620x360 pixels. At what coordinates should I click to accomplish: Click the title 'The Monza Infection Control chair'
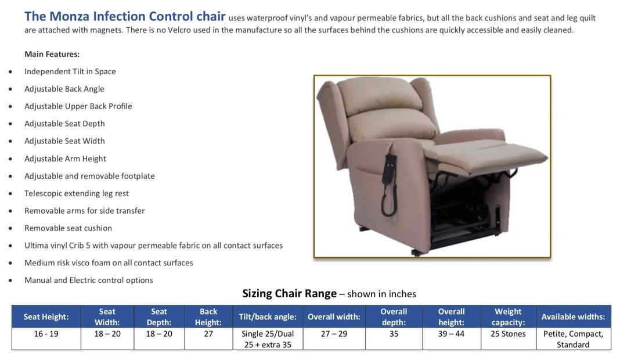[125, 16]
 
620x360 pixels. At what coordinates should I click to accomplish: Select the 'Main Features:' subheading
[52, 54]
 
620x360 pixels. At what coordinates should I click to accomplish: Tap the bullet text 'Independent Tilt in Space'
[70, 71]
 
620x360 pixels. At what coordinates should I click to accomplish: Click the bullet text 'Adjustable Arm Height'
[65, 159]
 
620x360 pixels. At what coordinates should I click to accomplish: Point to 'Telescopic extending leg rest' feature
[76, 193]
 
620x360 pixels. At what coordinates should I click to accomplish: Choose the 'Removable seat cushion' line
[68, 228]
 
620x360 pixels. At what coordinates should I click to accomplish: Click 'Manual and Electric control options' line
[88, 280]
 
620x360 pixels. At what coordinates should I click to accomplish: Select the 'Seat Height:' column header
[46, 317]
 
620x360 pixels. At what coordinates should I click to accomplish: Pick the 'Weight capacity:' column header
[508, 317]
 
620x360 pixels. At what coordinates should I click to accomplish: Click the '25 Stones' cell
[508, 334]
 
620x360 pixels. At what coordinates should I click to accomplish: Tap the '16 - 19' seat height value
[46, 334]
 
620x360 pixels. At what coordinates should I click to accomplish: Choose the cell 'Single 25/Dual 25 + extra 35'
[267, 339]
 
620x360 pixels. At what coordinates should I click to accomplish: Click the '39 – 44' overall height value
[451, 334]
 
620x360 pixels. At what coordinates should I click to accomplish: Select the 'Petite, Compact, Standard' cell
[573, 339]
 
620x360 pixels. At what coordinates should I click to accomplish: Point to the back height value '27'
[208, 334]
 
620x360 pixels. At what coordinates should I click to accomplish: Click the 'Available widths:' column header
[573, 317]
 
